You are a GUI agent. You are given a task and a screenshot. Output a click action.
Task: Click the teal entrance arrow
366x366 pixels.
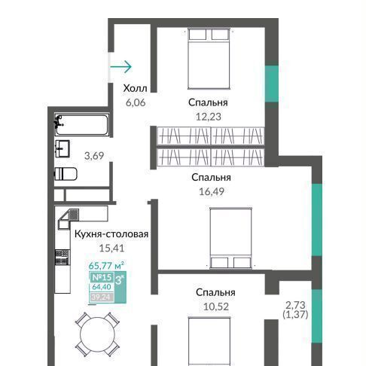coord(121,67)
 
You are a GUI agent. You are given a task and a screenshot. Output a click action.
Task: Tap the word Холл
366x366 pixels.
coord(135,88)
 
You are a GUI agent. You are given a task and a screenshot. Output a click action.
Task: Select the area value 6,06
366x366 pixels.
coord(136,102)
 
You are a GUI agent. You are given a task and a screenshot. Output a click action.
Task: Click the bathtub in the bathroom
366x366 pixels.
coord(82,125)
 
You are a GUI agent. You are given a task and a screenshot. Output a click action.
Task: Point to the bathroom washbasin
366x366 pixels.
coord(63,148)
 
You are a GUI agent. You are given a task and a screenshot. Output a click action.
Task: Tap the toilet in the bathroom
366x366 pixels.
coord(66,174)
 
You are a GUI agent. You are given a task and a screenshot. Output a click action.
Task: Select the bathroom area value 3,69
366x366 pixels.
coord(94,156)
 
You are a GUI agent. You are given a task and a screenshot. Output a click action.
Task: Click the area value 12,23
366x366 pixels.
coord(209,117)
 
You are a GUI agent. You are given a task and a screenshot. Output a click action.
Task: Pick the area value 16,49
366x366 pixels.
coord(212,191)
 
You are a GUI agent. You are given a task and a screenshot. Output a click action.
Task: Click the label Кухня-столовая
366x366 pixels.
coord(111,234)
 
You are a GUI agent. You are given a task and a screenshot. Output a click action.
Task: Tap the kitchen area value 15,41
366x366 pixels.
coord(111,249)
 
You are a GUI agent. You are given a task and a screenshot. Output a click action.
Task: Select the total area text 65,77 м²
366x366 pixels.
coord(106,265)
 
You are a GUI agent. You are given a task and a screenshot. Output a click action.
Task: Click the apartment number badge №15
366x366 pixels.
coord(102,277)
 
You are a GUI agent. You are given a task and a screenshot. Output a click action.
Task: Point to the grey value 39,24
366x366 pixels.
coord(101,297)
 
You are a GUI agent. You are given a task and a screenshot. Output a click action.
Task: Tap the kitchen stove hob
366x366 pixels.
coord(62,257)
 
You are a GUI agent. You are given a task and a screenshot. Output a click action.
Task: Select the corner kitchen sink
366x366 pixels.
coord(69,218)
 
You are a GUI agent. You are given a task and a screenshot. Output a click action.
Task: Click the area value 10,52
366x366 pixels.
coord(215,307)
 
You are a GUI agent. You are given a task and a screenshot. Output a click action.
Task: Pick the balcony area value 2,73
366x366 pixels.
coord(295,305)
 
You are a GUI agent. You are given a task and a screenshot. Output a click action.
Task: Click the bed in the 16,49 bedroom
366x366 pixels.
coord(231,238)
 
